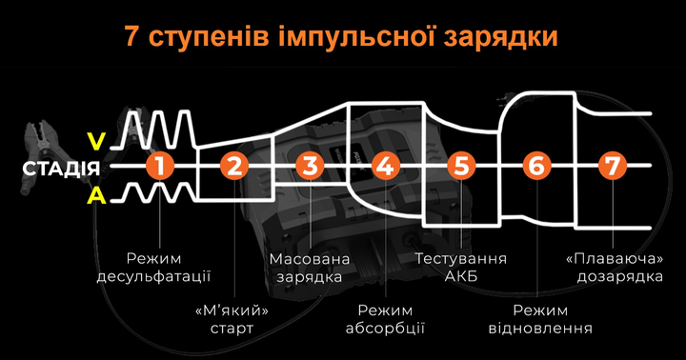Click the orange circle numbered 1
[x=160, y=167]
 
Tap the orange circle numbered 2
[x=233, y=167]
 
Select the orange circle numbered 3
[x=309, y=167]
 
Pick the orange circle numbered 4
[x=384, y=167]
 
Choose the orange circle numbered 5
[x=460, y=167]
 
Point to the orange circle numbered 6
[x=535, y=167]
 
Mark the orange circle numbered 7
[x=611, y=167]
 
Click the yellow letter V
[x=95, y=142]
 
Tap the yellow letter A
[x=95, y=195]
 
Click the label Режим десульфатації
[x=153, y=268]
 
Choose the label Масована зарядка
[x=310, y=268]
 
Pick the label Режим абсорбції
[x=386, y=319]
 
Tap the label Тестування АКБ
[x=461, y=268]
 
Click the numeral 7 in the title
[x=132, y=36]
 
